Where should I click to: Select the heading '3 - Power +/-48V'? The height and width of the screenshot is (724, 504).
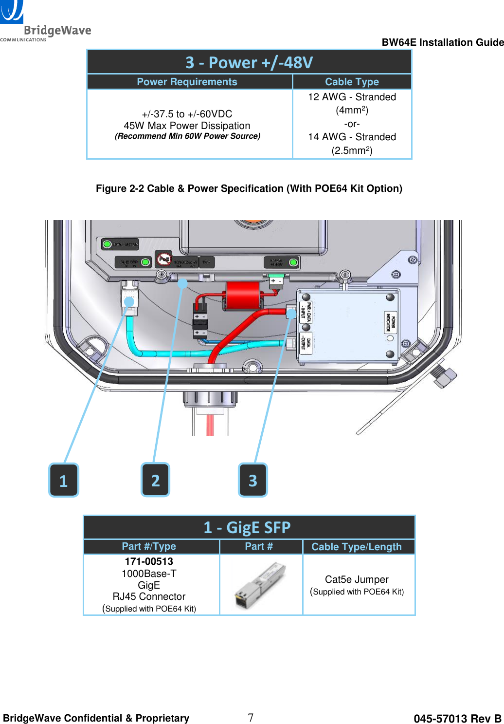tap(249, 62)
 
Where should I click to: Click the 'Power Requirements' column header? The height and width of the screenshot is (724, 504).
tap(187, 82)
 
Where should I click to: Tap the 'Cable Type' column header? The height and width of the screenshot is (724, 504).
tap(352, 82)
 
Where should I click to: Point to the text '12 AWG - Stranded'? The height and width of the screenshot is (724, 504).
tap(352, 97)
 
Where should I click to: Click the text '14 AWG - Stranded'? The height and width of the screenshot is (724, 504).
tap(352, 137)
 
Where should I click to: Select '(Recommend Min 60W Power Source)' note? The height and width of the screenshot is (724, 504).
tap(187, 136)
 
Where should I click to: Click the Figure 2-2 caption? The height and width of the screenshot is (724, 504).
tap(249, 188)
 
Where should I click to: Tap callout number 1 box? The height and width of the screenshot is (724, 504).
tap(63, 480)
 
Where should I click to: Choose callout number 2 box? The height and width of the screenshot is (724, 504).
tap(155, 480)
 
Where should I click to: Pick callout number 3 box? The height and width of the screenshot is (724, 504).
tap(252, 480)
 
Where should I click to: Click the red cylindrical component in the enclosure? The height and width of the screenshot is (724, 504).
tap(243, 296)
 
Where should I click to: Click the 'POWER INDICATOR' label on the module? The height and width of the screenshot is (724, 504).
tap(390, 322)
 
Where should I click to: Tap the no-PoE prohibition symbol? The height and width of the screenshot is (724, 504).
tap(164, 260)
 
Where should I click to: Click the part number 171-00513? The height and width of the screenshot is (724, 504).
tap(149, 561)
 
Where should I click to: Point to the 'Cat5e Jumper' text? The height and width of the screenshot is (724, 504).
tap(357, 579)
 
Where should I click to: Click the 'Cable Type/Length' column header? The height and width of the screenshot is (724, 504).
tap(357, 547)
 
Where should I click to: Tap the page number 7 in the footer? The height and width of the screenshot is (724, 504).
tap(251, 717)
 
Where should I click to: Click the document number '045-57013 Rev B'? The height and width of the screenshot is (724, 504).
tap(457, 719)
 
